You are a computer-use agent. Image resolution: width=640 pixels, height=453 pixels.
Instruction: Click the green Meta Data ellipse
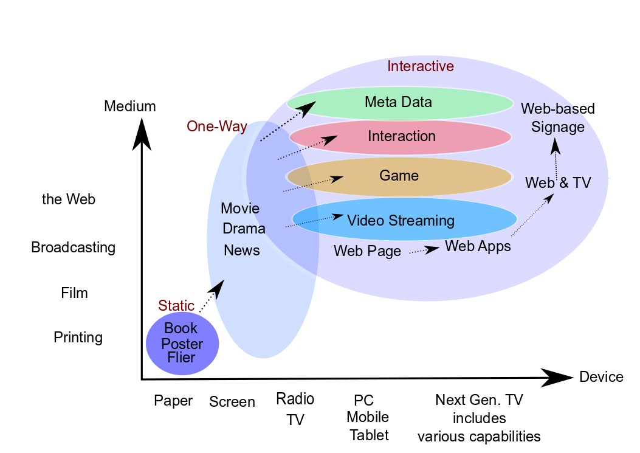coord(462,103)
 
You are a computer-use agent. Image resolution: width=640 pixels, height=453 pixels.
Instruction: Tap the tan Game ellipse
coord(462,176)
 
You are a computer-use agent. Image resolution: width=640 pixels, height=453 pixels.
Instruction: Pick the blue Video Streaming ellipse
coord(480,219)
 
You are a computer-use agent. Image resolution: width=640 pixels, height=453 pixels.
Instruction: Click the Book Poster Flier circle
coord(182,344)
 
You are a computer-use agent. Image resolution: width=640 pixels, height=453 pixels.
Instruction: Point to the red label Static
coord(176,305)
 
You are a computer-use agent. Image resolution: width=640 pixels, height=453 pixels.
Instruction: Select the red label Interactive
coord(421,66)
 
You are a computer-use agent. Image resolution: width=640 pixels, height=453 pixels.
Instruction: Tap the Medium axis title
coord(130,106)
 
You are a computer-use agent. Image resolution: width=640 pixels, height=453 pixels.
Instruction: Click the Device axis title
coord(601,377)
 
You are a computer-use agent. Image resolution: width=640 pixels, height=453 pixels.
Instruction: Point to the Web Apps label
coord(478,246)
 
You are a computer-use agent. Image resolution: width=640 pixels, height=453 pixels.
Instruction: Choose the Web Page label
coord(367,251)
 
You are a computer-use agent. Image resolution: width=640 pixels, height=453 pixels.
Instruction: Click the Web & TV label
coord(558,182)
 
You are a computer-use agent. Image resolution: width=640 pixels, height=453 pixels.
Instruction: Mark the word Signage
coord(558,128)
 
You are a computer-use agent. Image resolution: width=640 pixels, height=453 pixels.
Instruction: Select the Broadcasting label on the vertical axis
coord(73,247)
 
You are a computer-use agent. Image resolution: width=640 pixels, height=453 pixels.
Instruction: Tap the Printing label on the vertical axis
coord(78,337)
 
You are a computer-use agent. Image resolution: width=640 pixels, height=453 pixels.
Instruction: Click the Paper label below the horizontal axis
coord(173,401)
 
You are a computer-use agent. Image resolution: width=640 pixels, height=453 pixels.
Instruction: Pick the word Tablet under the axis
coord(369,435)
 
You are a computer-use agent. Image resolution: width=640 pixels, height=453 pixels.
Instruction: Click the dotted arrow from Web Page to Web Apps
coord(424,250)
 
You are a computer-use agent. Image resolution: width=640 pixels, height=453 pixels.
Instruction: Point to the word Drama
coord(244,229)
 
